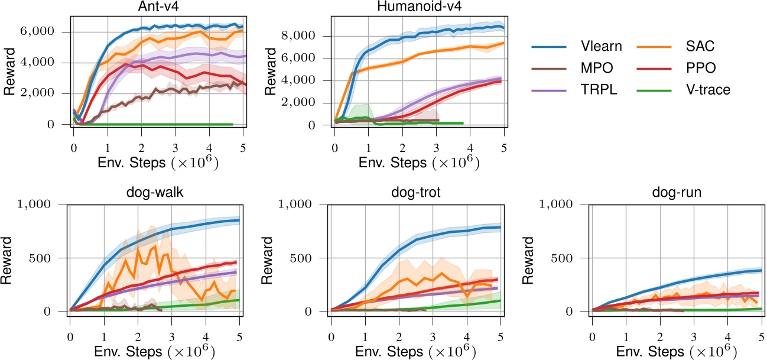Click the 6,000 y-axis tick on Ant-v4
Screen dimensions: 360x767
coord(49,31)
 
